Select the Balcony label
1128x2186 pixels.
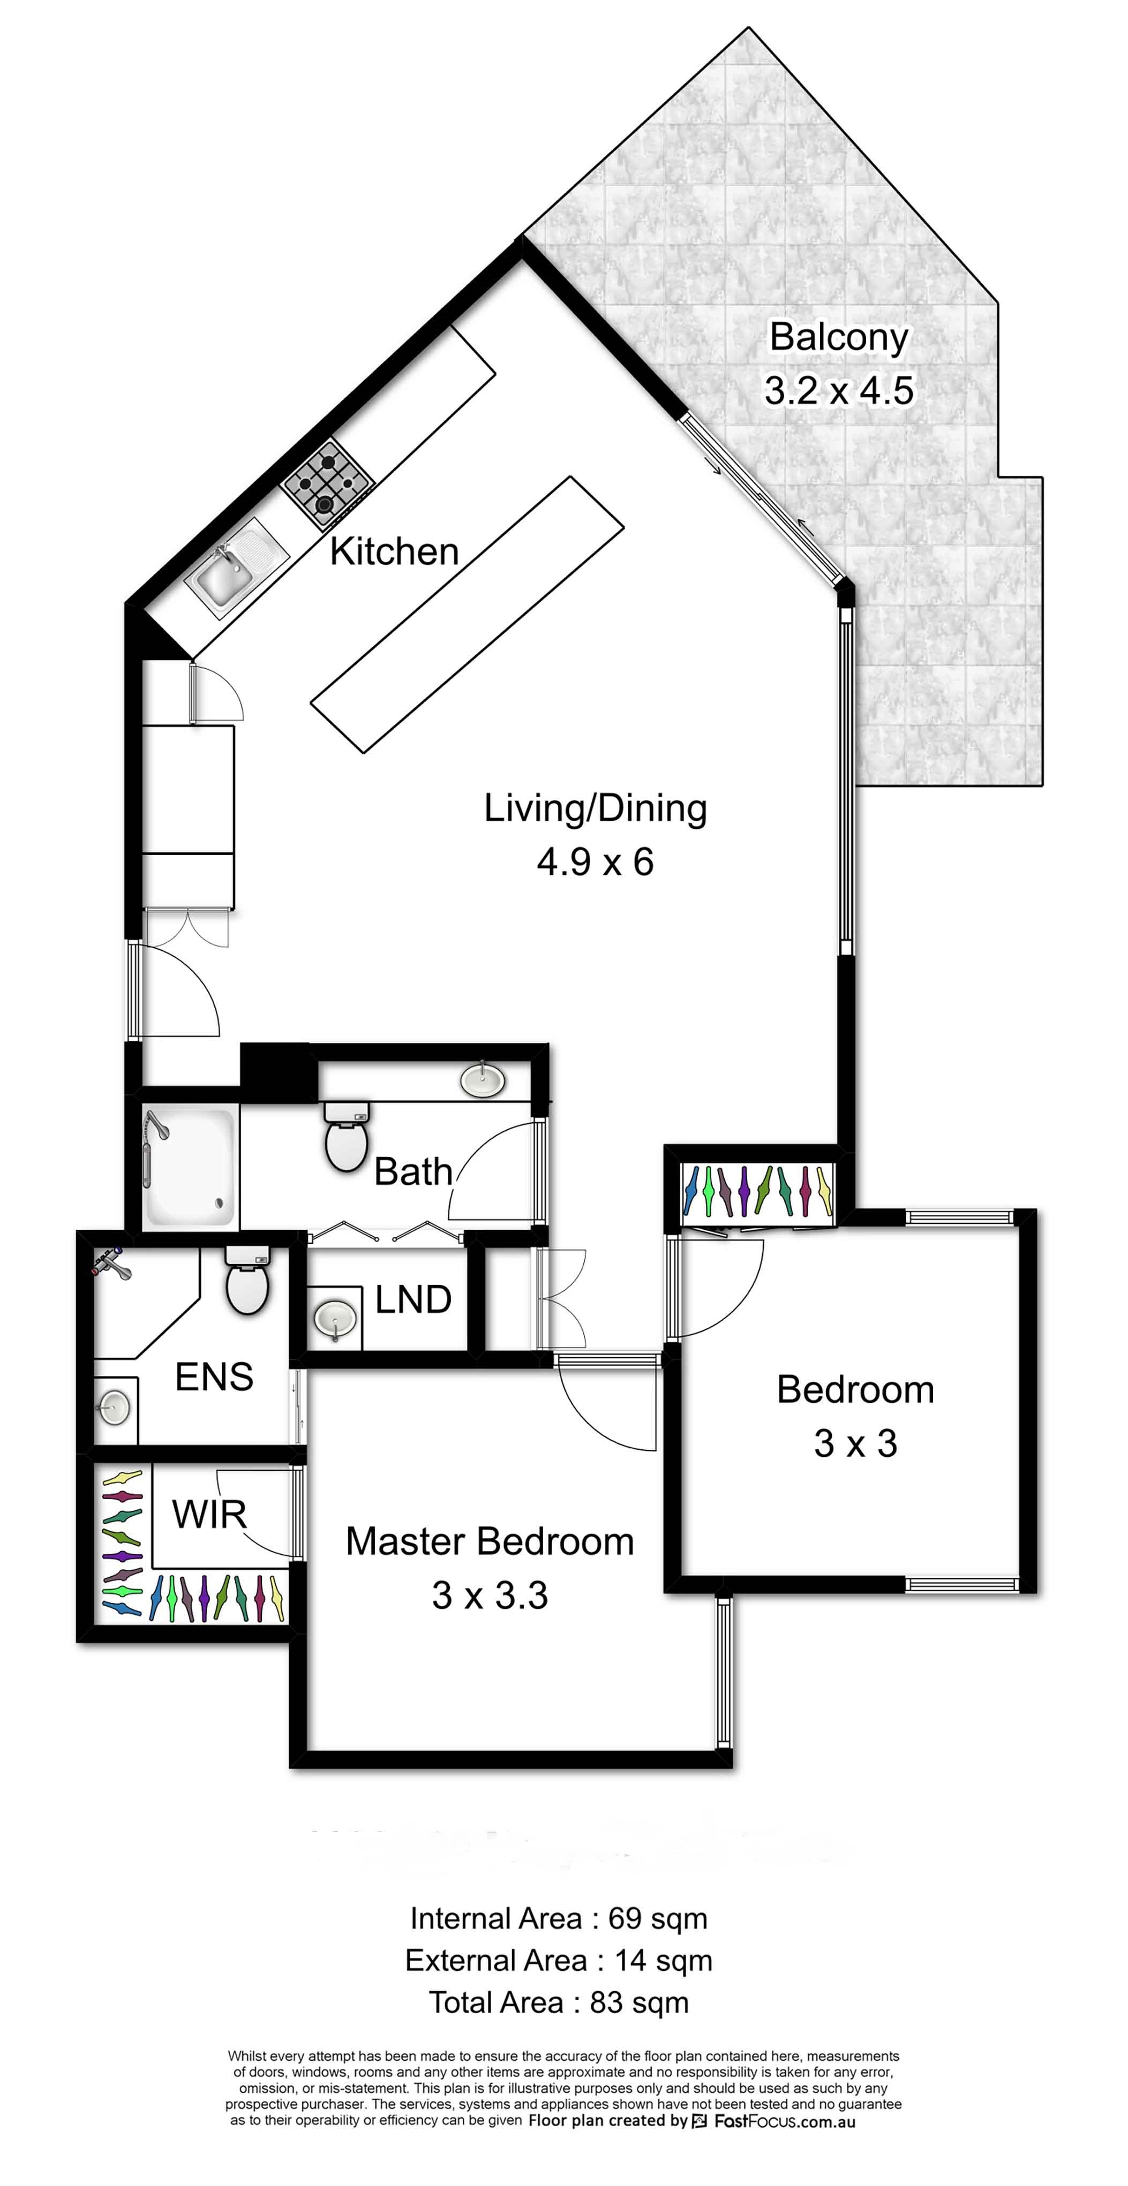(x=839, y=337)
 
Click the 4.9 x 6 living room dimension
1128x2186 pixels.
(x=595, y=862)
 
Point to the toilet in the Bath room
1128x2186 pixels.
(x=347, y=1134)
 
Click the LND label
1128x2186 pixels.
(x=413, y=1299)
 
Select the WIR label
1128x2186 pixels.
(x=209, y=1514)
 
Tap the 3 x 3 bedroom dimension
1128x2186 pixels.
(x=855, y=1443)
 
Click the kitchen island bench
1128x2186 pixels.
(x=467, y=615)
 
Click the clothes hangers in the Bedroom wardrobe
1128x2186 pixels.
(x=758, y=1191)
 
